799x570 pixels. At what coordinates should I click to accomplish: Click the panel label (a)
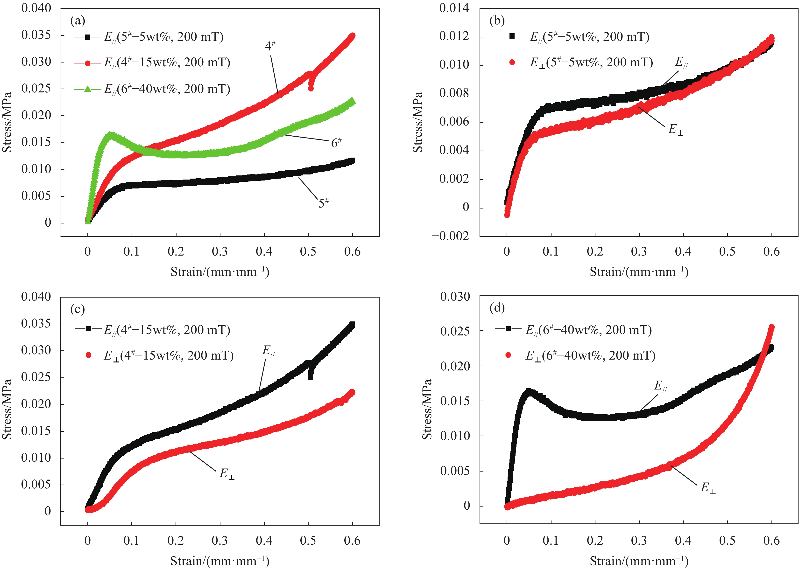tap(78, 21)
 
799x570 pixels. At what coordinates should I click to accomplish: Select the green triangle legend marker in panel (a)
tap(87, 89)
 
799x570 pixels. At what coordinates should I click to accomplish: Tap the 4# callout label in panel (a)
tap(270, 46)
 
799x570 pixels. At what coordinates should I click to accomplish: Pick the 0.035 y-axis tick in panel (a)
tap(36, 35)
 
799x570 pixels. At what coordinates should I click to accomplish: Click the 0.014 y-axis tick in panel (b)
tap(454, 8)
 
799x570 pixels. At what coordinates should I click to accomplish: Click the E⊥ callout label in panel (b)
tap(675, 130)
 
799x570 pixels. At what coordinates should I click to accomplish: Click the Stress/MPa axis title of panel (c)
tap(7, 409)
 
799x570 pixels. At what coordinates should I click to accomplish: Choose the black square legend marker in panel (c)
tap(88, 329)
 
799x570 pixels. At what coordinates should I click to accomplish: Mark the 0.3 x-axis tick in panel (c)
tap(220, 541)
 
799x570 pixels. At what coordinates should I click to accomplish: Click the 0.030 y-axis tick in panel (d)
tap(455, 297)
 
